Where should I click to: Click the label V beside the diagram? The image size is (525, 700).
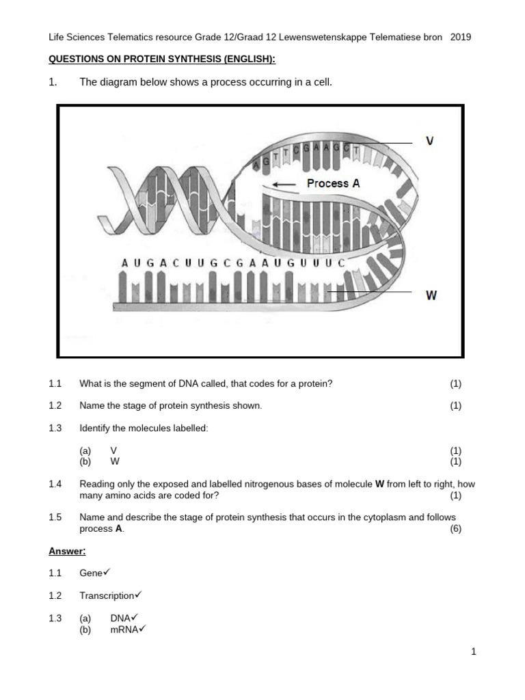pos(429,141)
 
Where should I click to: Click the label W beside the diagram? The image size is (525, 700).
pos(431,295)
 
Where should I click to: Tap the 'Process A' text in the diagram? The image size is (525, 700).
pos(333,183)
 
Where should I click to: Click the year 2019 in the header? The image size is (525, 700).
pos(461,37)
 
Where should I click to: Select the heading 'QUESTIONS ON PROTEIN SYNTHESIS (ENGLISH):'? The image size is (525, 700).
pos(162,59)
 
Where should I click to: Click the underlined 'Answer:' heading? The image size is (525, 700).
pos(67,551)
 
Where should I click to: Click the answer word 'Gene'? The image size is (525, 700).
pos(90,573)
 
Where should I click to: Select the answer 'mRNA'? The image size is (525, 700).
pos(124,630)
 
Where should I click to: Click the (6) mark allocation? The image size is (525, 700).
pos(455,529)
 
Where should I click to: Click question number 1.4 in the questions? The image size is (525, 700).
pos(55,484)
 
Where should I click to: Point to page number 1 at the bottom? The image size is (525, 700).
pos(473,652)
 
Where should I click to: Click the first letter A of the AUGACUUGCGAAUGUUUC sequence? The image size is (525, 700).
pos(124,262)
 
